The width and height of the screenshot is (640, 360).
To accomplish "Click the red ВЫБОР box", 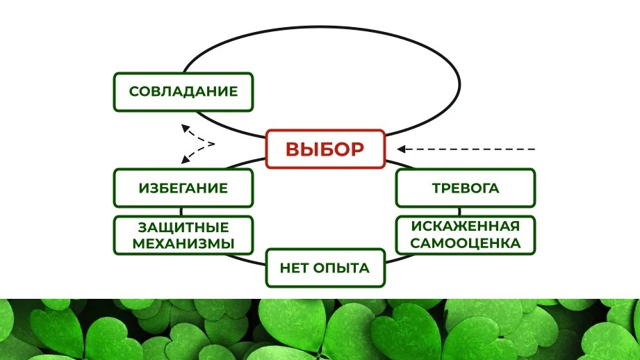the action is [x=325, y=149].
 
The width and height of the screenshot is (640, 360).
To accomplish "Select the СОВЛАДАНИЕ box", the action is [x=183, y=92].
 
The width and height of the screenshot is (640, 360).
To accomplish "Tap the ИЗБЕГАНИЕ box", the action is [x=183, y=188].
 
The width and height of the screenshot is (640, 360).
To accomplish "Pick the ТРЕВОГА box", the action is [x=466, y=188].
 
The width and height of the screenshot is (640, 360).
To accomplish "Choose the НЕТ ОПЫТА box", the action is [x=325, y=268].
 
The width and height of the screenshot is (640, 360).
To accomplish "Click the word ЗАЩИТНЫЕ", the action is [x=183, y=227].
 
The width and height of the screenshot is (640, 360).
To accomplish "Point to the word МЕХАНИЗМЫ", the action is [x=183, y=244].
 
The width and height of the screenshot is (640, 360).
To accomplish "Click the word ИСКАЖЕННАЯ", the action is [x=466, y=226].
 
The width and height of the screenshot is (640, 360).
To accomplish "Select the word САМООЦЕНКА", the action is [x=466, y=243].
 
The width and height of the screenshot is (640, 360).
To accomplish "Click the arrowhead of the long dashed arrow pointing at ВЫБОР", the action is [x=401, y=149].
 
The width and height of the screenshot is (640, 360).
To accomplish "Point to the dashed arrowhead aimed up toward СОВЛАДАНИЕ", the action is [x=186, y=128].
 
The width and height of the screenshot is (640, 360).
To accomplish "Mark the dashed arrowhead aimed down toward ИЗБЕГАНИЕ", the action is [x=186, y=160].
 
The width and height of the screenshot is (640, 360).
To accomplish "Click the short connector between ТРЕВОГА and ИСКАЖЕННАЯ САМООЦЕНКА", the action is [x=459, y=212].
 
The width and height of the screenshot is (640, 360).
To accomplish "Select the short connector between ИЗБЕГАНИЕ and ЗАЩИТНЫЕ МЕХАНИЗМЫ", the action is [x=181, y=212].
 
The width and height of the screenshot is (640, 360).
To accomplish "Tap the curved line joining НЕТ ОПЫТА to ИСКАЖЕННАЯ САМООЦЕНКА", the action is [x=400, y=259].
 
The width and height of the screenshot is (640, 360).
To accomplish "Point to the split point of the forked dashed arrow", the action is [x=214, y=144].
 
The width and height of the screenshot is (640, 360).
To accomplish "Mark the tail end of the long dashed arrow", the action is [x=534, y=149].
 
